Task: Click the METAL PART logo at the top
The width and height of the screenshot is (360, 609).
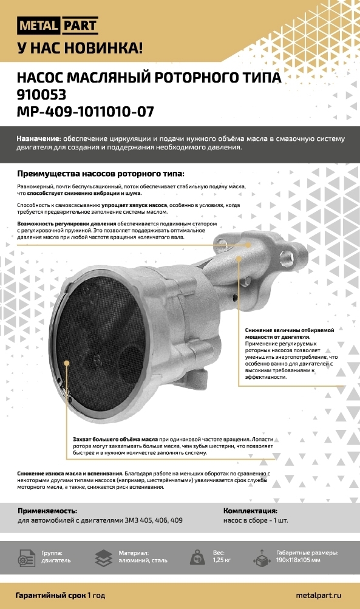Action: [58, 26]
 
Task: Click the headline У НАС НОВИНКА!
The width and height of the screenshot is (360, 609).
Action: [80, 48]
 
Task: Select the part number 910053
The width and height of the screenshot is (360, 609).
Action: [41, 94]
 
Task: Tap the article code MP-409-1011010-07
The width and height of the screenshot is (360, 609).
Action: [86, 112]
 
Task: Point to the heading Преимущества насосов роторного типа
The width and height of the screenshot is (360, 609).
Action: [101, 174]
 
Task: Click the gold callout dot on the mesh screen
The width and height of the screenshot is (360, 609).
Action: [66, 363]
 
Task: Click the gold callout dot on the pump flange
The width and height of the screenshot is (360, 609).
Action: [248, 245]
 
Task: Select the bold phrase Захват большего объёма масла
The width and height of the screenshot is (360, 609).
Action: [115, 439]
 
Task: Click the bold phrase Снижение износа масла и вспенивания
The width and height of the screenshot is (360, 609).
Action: [70, 474]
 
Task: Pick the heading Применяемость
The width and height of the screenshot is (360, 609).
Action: [47, 511]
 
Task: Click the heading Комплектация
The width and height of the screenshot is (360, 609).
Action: [250, 511]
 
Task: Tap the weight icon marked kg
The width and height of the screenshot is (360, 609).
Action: [198, 557]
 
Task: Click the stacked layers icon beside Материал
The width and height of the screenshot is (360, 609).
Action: [104, 558]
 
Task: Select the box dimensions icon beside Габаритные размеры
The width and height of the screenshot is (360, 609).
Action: [262, 558]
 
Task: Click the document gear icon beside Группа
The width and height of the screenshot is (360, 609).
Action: [26, 558]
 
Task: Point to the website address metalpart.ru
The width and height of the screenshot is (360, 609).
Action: [319, 595]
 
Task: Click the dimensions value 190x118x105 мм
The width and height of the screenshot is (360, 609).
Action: [298, 560]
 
